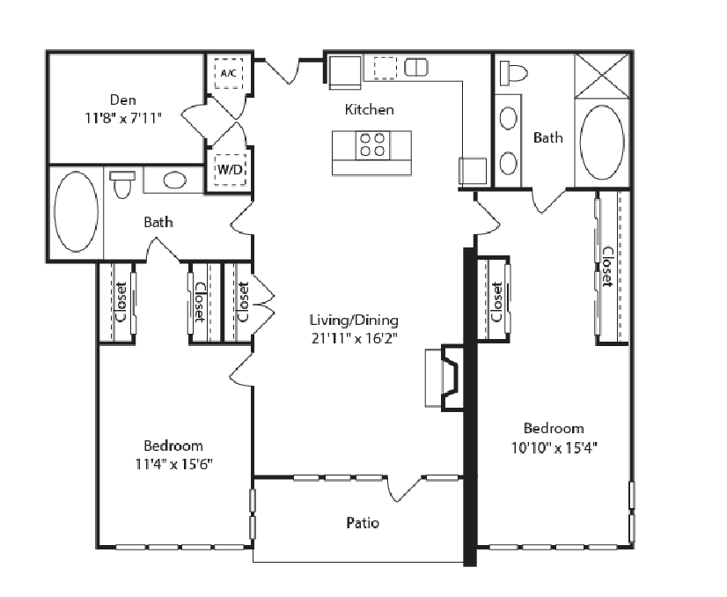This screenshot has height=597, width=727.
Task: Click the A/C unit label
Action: coord(229,73)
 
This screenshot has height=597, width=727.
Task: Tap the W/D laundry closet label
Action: coord(230,170)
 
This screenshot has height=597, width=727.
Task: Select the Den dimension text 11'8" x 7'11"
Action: coord(123,118)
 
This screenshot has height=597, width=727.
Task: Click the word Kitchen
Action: coord(369,109)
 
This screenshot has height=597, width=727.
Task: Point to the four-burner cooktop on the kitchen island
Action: coord(373,144)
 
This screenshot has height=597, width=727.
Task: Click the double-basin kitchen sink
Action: coord(416,67)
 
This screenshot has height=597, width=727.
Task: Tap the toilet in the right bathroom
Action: coord(514,73)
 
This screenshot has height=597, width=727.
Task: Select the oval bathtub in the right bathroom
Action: coord(602,142)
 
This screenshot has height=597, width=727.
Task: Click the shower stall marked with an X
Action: coord(602,76)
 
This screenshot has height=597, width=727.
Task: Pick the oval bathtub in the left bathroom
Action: coord(77,212)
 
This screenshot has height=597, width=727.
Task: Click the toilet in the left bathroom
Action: coord(122,184)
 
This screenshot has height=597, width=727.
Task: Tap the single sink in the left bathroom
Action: coord(174,180)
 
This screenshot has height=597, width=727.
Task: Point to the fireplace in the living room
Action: coord(445,378)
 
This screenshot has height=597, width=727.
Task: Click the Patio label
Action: coord(363,523)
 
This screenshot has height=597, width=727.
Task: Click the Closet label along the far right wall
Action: coord(608,267)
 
